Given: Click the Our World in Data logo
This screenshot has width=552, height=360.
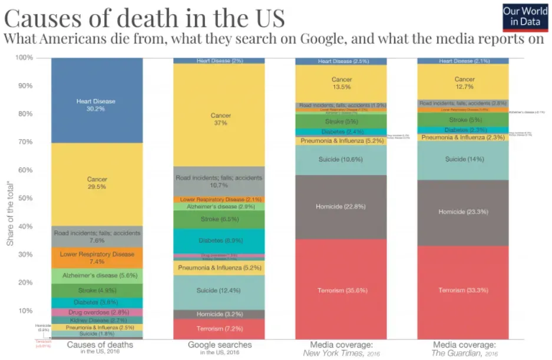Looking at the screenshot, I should [x=525, y=16].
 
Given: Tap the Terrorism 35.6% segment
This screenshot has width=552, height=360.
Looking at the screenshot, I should [x=341, y=289].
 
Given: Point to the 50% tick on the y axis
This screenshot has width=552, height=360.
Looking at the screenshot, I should [x=24, y=198].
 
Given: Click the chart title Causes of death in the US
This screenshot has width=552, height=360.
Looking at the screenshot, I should [x=145, y=18].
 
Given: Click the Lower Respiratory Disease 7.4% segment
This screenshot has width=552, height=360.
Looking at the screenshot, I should [x=97, y=257].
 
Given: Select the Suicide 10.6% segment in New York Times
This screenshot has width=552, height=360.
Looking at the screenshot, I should [x=341, y=160].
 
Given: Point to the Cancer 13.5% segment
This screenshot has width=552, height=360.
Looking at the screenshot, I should [x=341, y=83].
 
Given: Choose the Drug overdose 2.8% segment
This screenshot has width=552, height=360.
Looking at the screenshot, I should [x=97, y=312].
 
